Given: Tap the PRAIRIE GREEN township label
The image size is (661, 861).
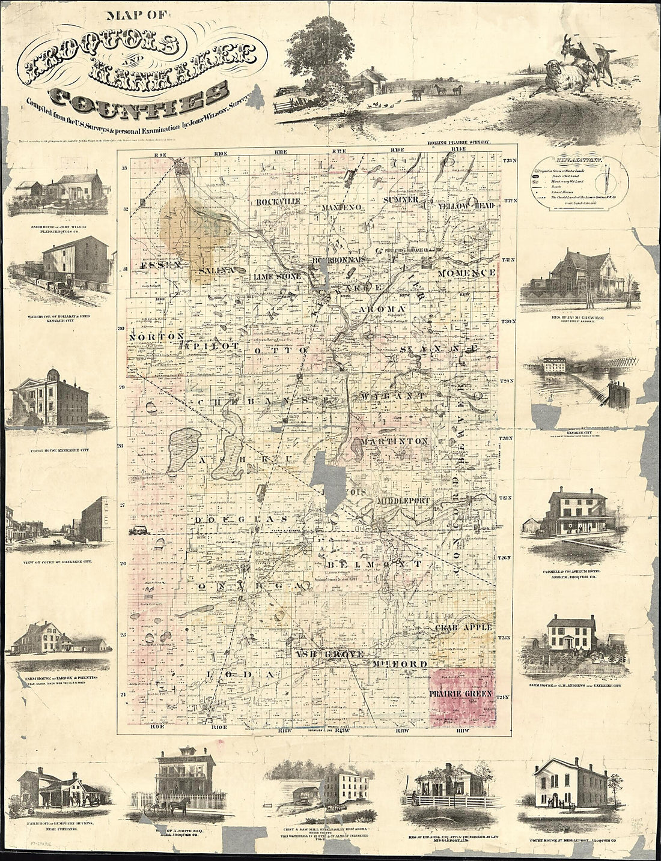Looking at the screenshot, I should click(x=461, y=693).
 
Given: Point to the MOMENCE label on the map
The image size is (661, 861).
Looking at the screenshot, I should click(x=466, y=273).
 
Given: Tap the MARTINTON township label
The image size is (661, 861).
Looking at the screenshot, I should click(x=394, y=441).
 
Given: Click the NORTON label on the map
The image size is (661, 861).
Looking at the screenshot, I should click(x=155, y=337).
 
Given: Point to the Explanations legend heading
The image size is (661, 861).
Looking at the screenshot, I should click(x=580, y=161).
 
